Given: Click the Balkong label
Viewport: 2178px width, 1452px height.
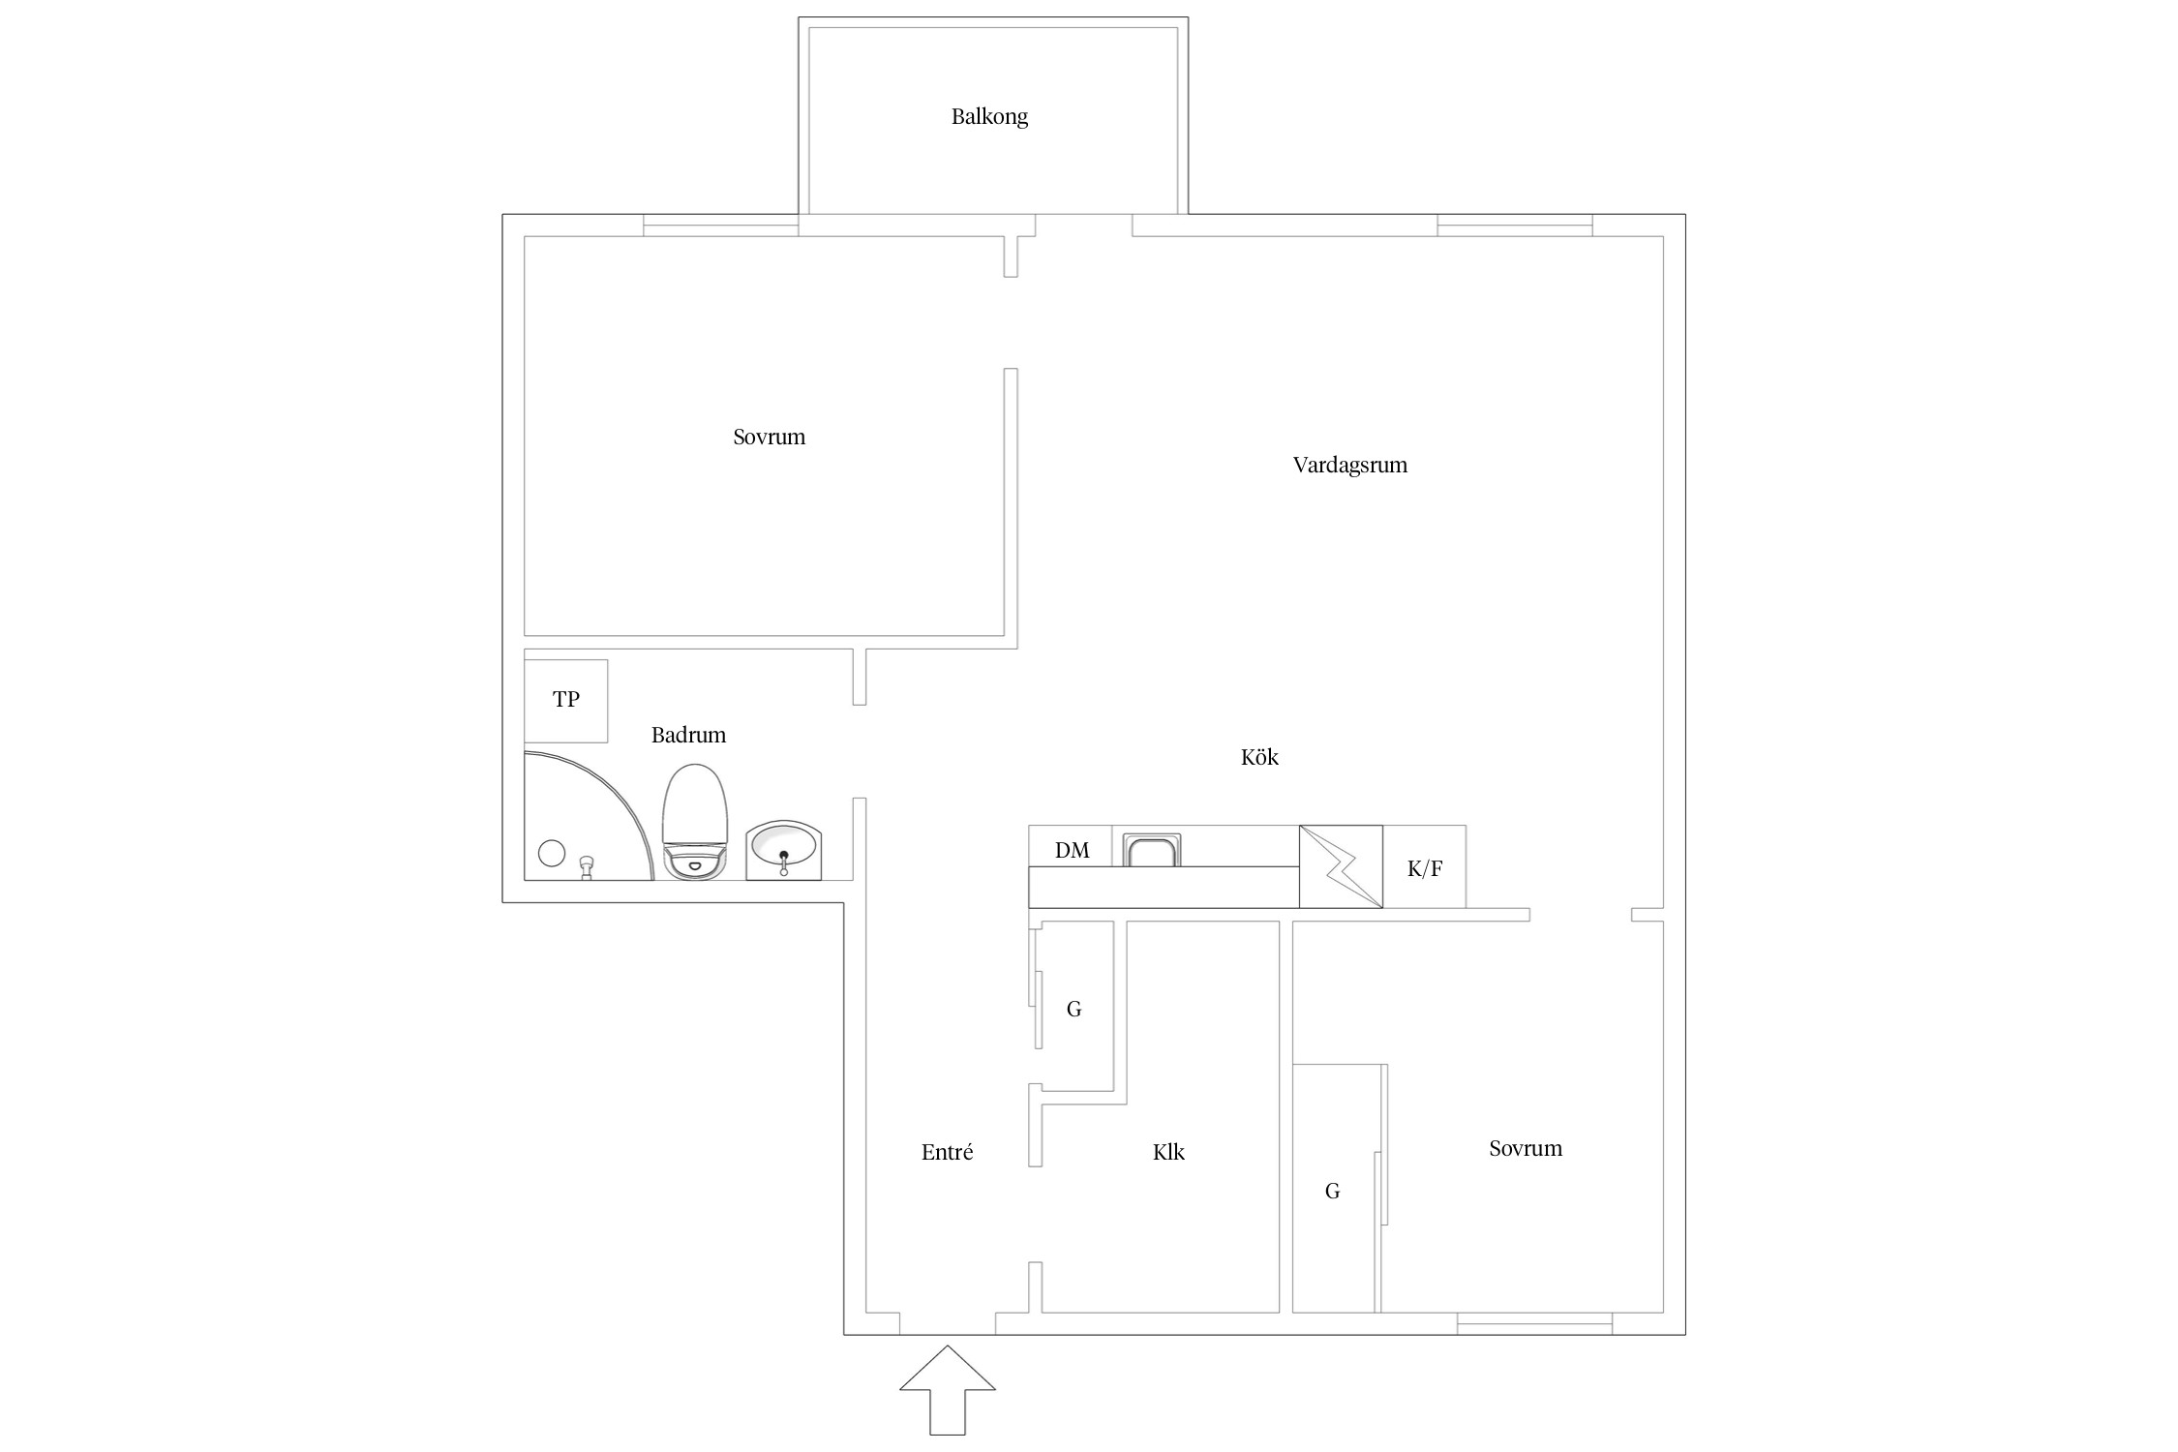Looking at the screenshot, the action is tap(989, 117).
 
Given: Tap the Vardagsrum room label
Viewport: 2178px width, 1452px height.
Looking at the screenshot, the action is tap(1350, 465).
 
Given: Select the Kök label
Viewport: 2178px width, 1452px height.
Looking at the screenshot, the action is tap(1259, 757).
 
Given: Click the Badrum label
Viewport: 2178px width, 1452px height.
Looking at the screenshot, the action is tap(688, 735).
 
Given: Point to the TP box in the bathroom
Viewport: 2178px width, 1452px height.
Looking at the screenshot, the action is tap(566, 701).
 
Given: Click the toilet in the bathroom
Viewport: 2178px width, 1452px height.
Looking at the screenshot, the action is tap(695, 822).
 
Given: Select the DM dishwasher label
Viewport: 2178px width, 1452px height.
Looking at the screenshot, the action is tap(1072, 850).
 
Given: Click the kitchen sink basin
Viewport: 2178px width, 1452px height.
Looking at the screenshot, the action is tap(1152, 849).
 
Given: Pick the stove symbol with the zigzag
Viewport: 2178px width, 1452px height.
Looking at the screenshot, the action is tap(1341, 866).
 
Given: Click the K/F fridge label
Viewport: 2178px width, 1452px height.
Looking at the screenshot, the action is tap(1425, 868).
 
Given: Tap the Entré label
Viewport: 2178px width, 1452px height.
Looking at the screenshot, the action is tap(947, 1152).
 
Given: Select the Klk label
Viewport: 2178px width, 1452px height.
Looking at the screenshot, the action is tap(1168, 1152).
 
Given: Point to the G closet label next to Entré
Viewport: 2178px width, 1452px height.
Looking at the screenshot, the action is tap(1074, 1009).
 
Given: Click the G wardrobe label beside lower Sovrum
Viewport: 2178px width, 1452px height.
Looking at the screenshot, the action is tap(1332, 1191).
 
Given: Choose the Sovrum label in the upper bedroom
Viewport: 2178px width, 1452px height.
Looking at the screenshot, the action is tap(769, 437).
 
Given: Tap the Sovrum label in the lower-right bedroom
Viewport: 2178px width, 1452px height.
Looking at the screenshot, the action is tap(1526, 1148).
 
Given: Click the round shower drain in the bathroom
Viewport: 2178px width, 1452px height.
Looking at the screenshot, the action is tap(551, 853).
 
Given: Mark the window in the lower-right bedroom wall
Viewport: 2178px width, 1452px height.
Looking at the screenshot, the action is tap(1534, 1323).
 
